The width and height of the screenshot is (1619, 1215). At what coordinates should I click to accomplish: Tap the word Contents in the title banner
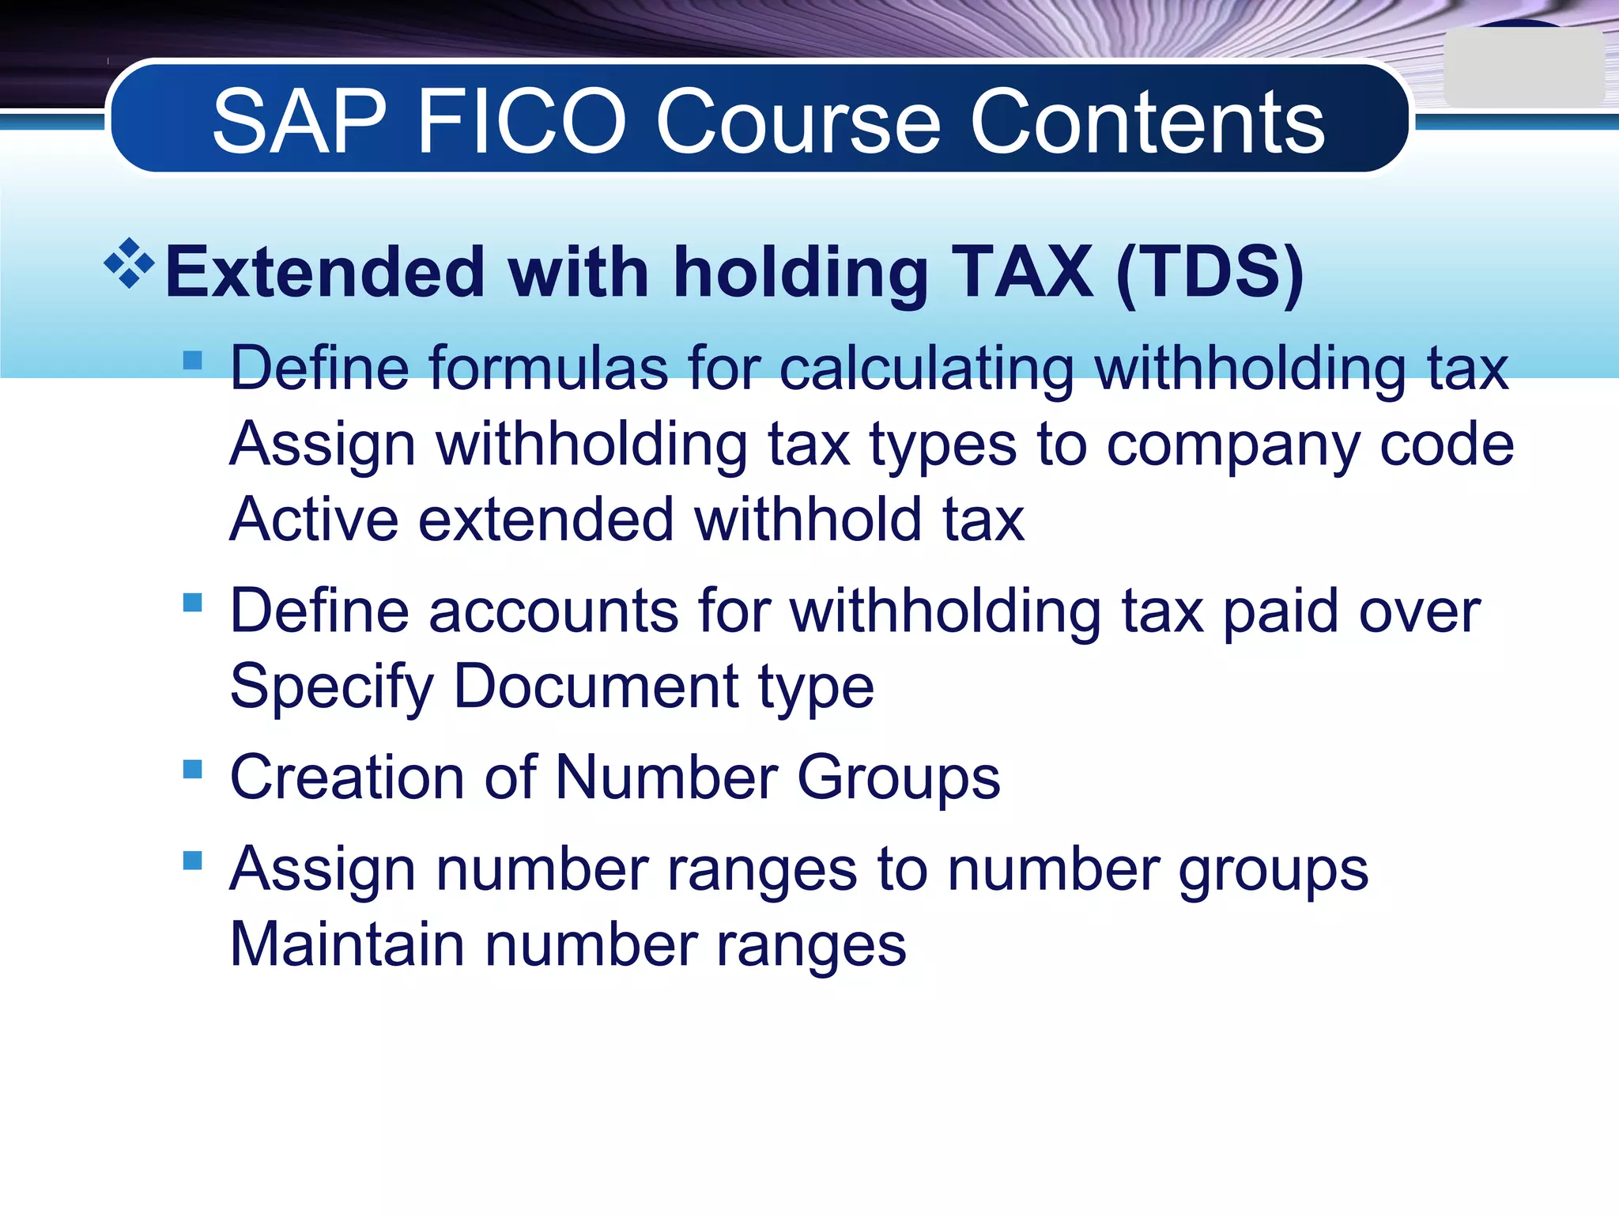(1147, 123)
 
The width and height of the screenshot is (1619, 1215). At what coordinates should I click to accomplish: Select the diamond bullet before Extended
(129, 263)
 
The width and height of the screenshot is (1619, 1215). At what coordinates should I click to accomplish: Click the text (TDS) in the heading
(1210, 273)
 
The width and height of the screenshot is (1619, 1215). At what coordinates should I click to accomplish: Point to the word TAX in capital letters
(1022, 273)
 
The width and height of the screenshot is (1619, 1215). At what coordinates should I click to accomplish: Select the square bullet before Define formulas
(193, 361)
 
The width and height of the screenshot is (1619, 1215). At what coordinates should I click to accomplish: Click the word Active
(314, 520)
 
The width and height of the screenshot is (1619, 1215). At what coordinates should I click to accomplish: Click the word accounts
(553, 611)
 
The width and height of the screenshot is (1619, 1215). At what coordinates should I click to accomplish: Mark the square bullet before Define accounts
(193, 603)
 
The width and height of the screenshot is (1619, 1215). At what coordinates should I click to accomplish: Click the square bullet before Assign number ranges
(193, 860)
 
